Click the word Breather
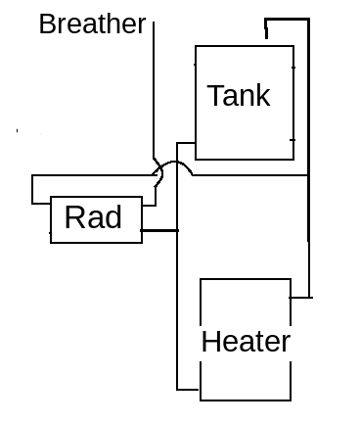(x=92, y=24)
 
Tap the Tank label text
(x=239, y=96)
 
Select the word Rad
(x=93, y=217)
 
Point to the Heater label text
(x=246, y=342)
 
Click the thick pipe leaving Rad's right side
(x=159, y=231)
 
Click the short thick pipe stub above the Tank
(x=266, y=29)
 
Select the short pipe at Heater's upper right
(x=301, y=298)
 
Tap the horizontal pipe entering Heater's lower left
(x=188, y=390)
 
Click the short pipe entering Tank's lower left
(x=186, y=143)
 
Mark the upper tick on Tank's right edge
(x=293, y=68)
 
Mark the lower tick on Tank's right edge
(x=292, y=140)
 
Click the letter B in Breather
(x=46, y=24)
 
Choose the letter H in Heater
(x=209, y=342)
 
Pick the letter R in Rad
(x=72, y=217)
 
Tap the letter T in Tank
(x=215, y=95)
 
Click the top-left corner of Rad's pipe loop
(x=32, y=175)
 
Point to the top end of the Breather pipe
(x=154, y=23)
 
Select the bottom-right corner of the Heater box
(x=291, y=400)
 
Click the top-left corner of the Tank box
(x=196, y=46)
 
